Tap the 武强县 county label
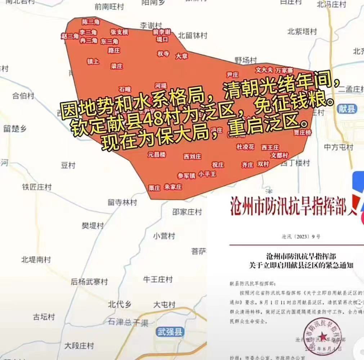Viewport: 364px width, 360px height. [170, 332]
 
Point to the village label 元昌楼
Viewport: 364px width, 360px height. [157, 155]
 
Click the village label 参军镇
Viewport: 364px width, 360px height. [186, 176]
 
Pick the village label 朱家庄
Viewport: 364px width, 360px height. [173, 187]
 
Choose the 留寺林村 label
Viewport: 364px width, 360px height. [122, 202]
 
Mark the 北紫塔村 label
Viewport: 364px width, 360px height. [302, 31]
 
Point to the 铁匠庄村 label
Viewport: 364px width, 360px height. [37, 187]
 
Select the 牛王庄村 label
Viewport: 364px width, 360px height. [158, 279]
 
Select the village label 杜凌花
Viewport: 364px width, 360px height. [245, 147]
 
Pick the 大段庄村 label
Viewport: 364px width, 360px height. [79, 346]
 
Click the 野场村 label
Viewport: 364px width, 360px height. [246, 60]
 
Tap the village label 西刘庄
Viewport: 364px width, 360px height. [192, 156]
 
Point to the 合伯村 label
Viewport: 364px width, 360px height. [23, 96]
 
